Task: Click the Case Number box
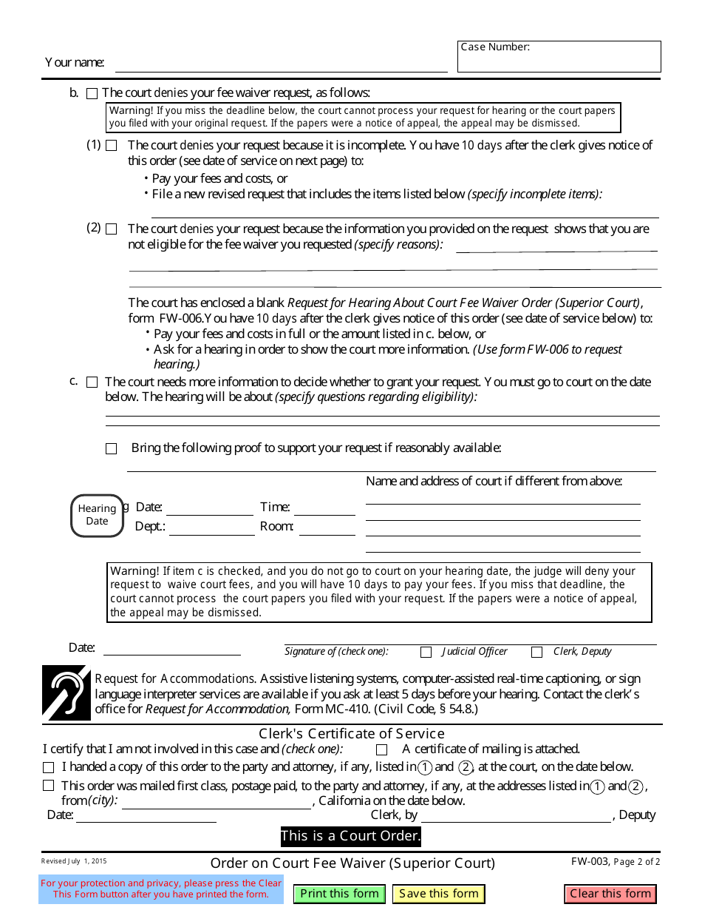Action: coord(559,57)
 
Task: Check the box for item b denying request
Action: coord(92,94)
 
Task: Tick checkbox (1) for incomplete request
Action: coord(111,146)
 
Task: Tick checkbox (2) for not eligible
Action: coord(111,229)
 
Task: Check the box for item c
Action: coord(92,382)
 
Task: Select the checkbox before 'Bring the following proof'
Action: coord(111,448)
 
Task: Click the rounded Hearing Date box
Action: coord(97,515)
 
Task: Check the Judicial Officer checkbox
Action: coord(426,652)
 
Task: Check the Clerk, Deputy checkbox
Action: coord(537,652)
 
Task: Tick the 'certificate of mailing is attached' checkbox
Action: coord(381,749)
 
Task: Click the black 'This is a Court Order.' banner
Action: coord(350,837)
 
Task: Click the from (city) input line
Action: coord(216,802)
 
